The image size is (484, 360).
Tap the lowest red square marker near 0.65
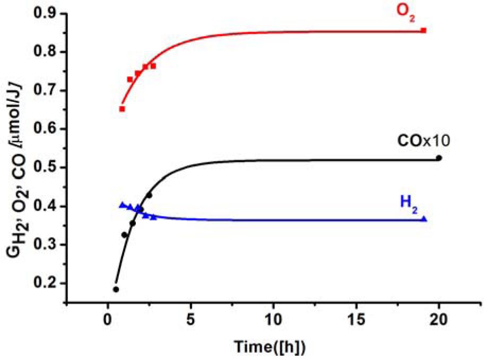pyautogui.click(x=122, y=109)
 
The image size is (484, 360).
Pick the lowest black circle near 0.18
pyautogui.click(x=116, y=289)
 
